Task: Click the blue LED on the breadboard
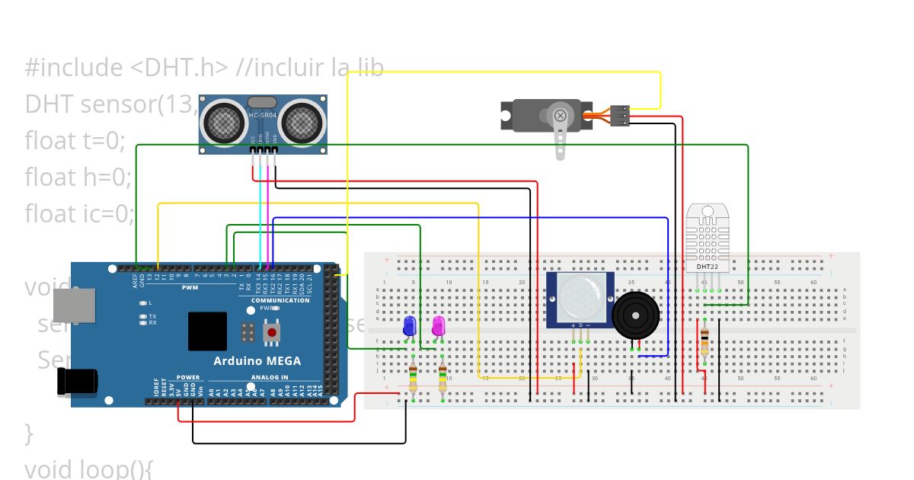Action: point(409,326)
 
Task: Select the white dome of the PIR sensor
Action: point(581,298)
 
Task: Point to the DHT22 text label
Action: point(708,267)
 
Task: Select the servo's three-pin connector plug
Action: point(620,115)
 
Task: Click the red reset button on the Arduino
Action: point(271,333)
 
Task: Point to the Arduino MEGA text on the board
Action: point(257,361)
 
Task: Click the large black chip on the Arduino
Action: point(207,331)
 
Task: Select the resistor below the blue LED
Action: point(413,376)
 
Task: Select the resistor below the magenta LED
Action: point(443,376)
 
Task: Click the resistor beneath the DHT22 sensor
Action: point(704,341)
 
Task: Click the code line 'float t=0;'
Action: point(74,139)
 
